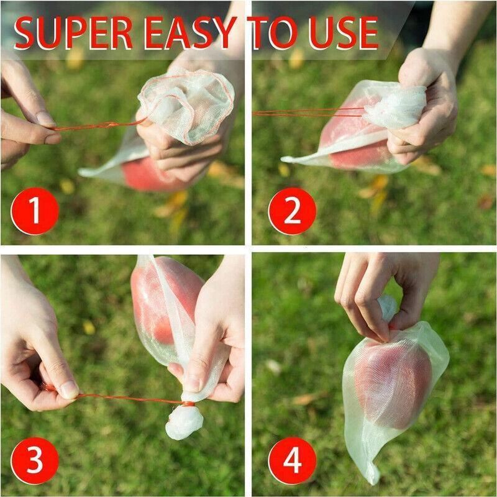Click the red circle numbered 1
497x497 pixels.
(x=35, y=211)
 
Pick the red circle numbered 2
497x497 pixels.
(x=292, y=211)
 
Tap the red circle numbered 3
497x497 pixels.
(x=35, y=460)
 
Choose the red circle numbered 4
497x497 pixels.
(x=292, y=460)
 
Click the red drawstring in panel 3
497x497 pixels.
(x=124, y=398)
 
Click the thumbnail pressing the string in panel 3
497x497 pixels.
(x=68, y=390)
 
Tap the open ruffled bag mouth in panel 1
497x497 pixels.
(x=186, y=103)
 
